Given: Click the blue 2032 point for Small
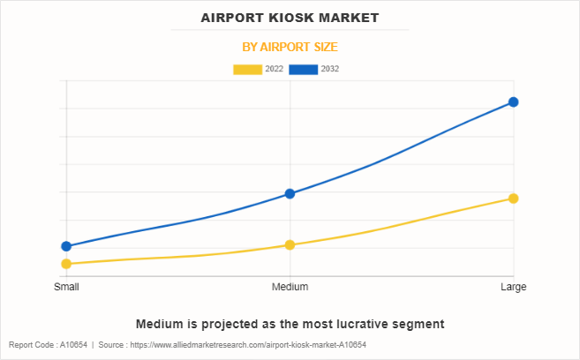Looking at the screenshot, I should pyautogui.click(x=66, y=246).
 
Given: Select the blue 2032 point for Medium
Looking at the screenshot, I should pyautogui.click(x=290, y=193).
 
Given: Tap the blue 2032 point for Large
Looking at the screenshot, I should pyautogui.click(x=513, y=102).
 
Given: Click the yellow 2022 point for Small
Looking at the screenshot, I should pyautogui.click(x=66, y=264).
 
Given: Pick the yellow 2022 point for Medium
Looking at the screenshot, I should pyautogui.click(x=290, y=244).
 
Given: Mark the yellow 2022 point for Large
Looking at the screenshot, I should pyautogui.click(x=513, y=199).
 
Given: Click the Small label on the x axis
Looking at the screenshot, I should pyautogui.click(x=66, y=287).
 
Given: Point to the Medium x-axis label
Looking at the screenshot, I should pyautogui.click(x=290, y=287).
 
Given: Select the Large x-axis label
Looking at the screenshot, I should pyautogui.click(x=513, y=287).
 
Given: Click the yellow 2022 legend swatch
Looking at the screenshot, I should pyautogui.click(x=247, y=69).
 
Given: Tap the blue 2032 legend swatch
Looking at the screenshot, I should pyautogui.click(x=303, y=69).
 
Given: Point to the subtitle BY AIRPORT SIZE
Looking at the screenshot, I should pyautogui.click(x=290, y=47).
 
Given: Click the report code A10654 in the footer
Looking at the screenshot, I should pyautogui.click(x=73, y=345).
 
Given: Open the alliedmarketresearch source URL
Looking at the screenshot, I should pyautogui.click(x=248, y=345).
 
